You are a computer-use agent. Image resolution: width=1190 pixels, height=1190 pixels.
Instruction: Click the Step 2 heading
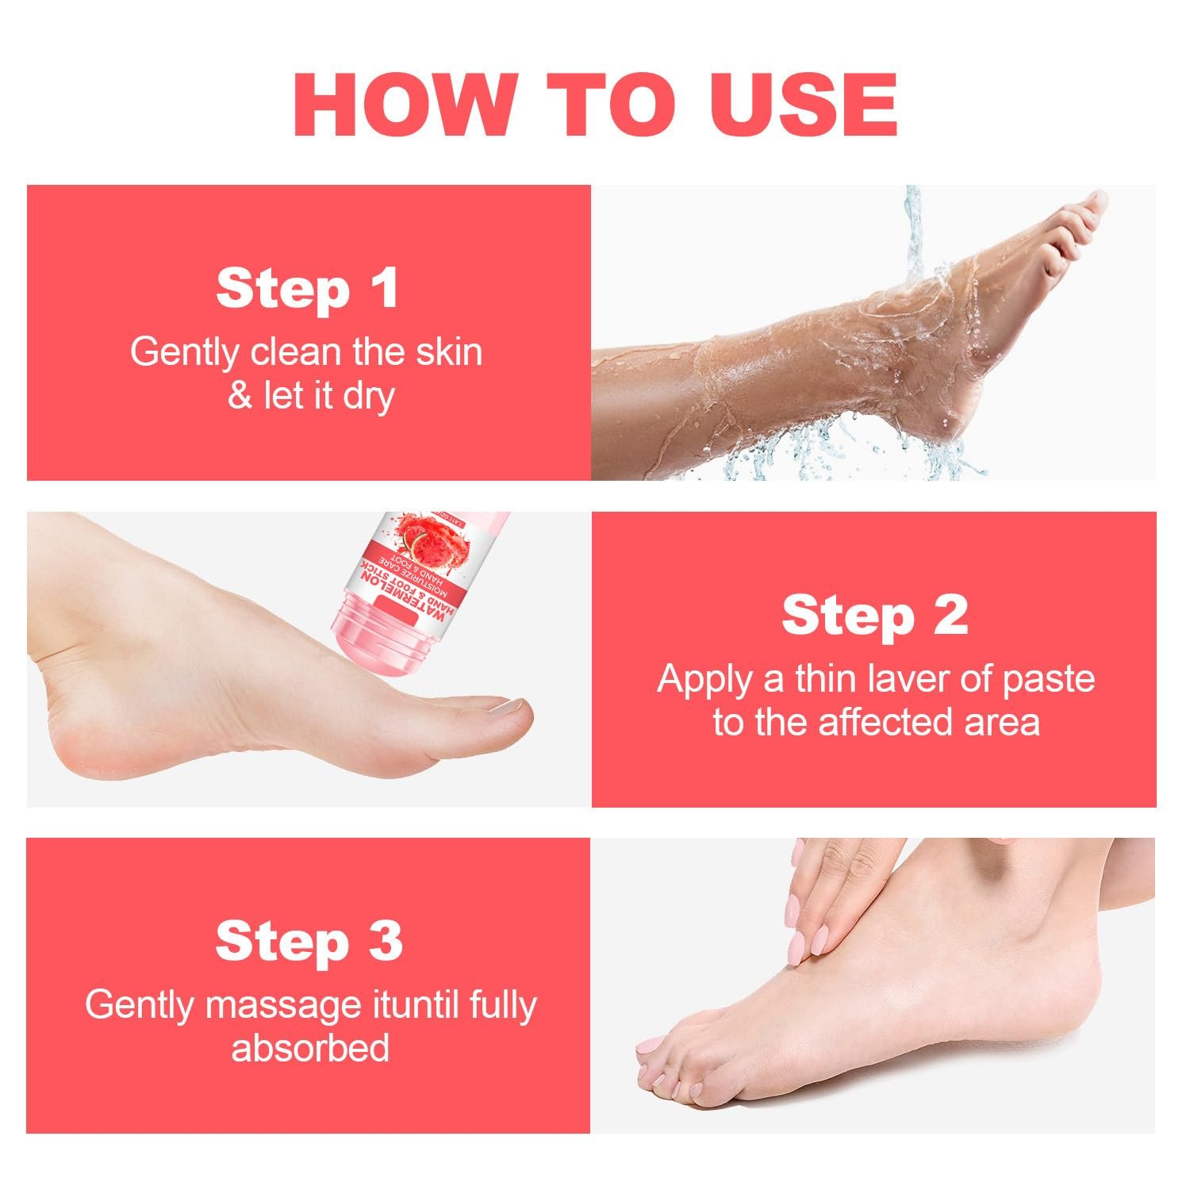click(874, 615)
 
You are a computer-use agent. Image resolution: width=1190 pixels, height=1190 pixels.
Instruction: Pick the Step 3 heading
click(309, 941)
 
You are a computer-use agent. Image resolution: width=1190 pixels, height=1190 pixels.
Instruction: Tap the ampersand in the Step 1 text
click(240, 396)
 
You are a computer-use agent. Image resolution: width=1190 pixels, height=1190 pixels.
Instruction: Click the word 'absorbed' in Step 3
click(310, 1048)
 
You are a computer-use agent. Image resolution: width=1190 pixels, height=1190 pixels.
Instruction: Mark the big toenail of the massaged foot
click(653, 1048)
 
